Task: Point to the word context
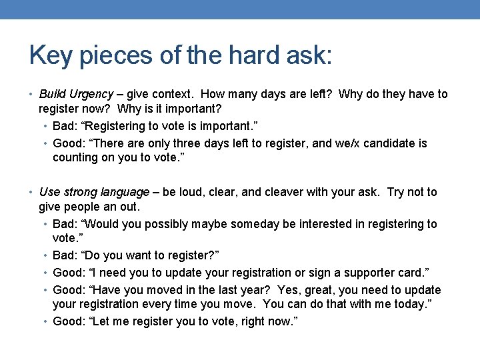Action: (174, 94)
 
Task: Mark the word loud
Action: (188, 192)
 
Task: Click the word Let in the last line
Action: (103, 322)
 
